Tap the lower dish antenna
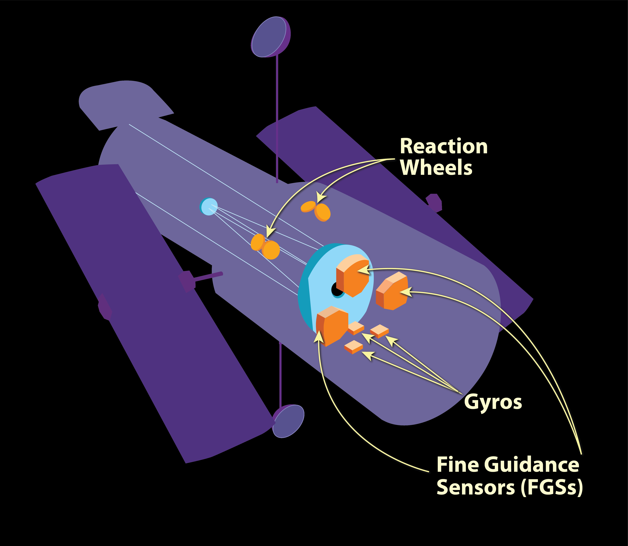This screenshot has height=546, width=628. pos(288,421)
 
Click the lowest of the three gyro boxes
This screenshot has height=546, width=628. pos(353,347)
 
